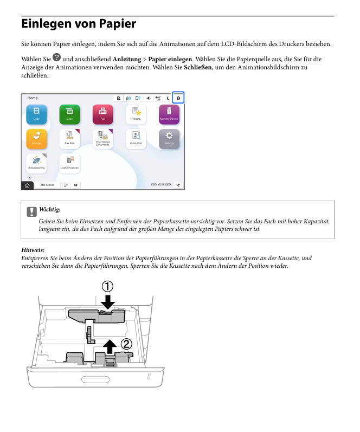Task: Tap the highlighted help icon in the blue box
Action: coord(178,98)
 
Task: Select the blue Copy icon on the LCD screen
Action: coord(36,113)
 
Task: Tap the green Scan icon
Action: coord(69,113)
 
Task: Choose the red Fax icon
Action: coord(102,113)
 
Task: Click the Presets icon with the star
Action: coord(136,113)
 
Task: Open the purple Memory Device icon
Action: coord(169,113)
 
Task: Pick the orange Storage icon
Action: coord(36,138)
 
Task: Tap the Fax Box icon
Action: coord(69,138)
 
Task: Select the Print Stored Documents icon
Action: coord(102,138)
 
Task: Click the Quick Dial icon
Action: coord(136,138)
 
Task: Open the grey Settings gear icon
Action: coord(169,138)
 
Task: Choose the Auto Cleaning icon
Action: coord(36,163)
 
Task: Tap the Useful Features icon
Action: coord(69,163)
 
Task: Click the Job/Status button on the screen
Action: coord(47,185)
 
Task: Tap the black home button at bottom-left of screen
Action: coord(27,185)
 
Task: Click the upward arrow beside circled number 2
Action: coord(110,345)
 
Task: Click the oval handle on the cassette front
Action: coord(95,377)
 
